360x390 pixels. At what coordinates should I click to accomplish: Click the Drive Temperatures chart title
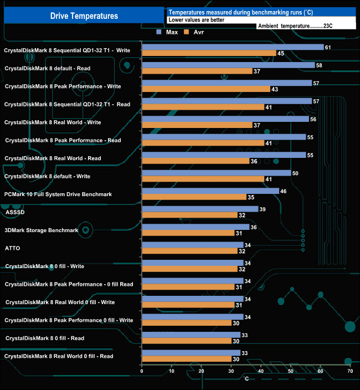[84, 16]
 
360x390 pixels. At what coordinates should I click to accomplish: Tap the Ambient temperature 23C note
[305, 25]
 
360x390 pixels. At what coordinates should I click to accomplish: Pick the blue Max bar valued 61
[233, 47]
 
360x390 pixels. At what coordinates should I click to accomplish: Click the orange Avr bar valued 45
[209, 53]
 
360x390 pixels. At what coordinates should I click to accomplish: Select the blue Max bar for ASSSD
[200, 209]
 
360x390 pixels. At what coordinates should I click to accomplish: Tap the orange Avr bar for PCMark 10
[194, 197]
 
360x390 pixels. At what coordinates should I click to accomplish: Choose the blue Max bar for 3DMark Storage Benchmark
[196, 227]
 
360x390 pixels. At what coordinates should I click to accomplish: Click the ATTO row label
[13, 248]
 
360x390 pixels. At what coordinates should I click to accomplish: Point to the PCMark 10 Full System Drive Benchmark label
[58, 194]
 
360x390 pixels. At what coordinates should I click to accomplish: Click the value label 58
[319, 65]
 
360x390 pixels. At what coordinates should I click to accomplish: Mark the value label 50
[295, 173]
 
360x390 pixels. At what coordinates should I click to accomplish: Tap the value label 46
[284, 191]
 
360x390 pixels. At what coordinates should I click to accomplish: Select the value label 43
[274, 89]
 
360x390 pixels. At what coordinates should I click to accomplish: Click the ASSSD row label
[14, 212]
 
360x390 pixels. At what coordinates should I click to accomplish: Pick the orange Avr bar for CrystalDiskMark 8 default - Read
[197, 71]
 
